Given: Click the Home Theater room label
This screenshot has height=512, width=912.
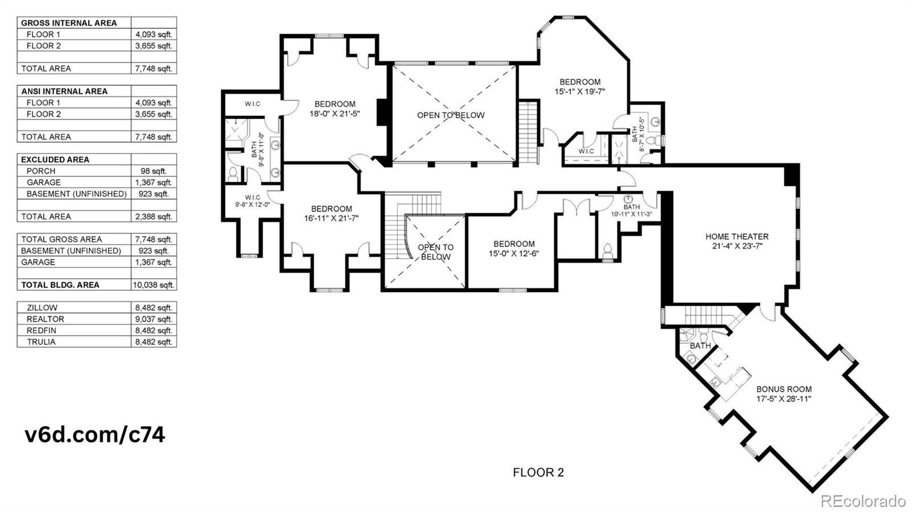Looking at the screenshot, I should [x=736, y=237].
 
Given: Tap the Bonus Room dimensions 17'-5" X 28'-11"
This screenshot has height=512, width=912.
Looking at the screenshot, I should [x=784, y=399].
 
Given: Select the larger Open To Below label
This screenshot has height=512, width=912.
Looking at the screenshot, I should [x=450, y=115].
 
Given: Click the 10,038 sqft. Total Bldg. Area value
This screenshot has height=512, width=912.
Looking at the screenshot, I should [x=153, y=285].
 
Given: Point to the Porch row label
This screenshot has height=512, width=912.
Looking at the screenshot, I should [x=41, y=171].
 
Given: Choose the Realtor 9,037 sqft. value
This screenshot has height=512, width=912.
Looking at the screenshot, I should [x=153, y=319].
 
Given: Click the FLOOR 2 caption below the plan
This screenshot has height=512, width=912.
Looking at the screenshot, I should [x=538, y=472].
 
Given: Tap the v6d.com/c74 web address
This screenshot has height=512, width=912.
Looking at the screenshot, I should [x=95, y=434].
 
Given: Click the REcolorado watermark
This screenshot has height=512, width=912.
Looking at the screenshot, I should [x=862, y=501].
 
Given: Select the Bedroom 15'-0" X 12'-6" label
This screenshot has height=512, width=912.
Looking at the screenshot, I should [x=514, y=249].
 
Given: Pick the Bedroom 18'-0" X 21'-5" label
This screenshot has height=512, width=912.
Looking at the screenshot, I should [x=335, y=109].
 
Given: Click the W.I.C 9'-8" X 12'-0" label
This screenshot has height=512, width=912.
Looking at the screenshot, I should [x=253, y=201].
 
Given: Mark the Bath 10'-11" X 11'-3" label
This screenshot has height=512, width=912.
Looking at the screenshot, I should [x=632, y=210].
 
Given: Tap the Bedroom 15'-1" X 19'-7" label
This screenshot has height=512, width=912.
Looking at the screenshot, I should [x=580, y=86].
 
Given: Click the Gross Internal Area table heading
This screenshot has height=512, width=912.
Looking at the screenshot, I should [x=69, y=23].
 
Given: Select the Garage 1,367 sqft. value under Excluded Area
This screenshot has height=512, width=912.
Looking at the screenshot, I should [x=153, y=182].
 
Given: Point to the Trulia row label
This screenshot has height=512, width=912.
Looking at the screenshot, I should [x=41, y=342].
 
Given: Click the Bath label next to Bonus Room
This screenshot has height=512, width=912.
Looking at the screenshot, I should [x=700, y=346].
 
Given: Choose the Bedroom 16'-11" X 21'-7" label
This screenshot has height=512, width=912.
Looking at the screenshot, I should [x=331, y=213].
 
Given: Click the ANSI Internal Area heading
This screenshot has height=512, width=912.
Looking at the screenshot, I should [x=64, y=91].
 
